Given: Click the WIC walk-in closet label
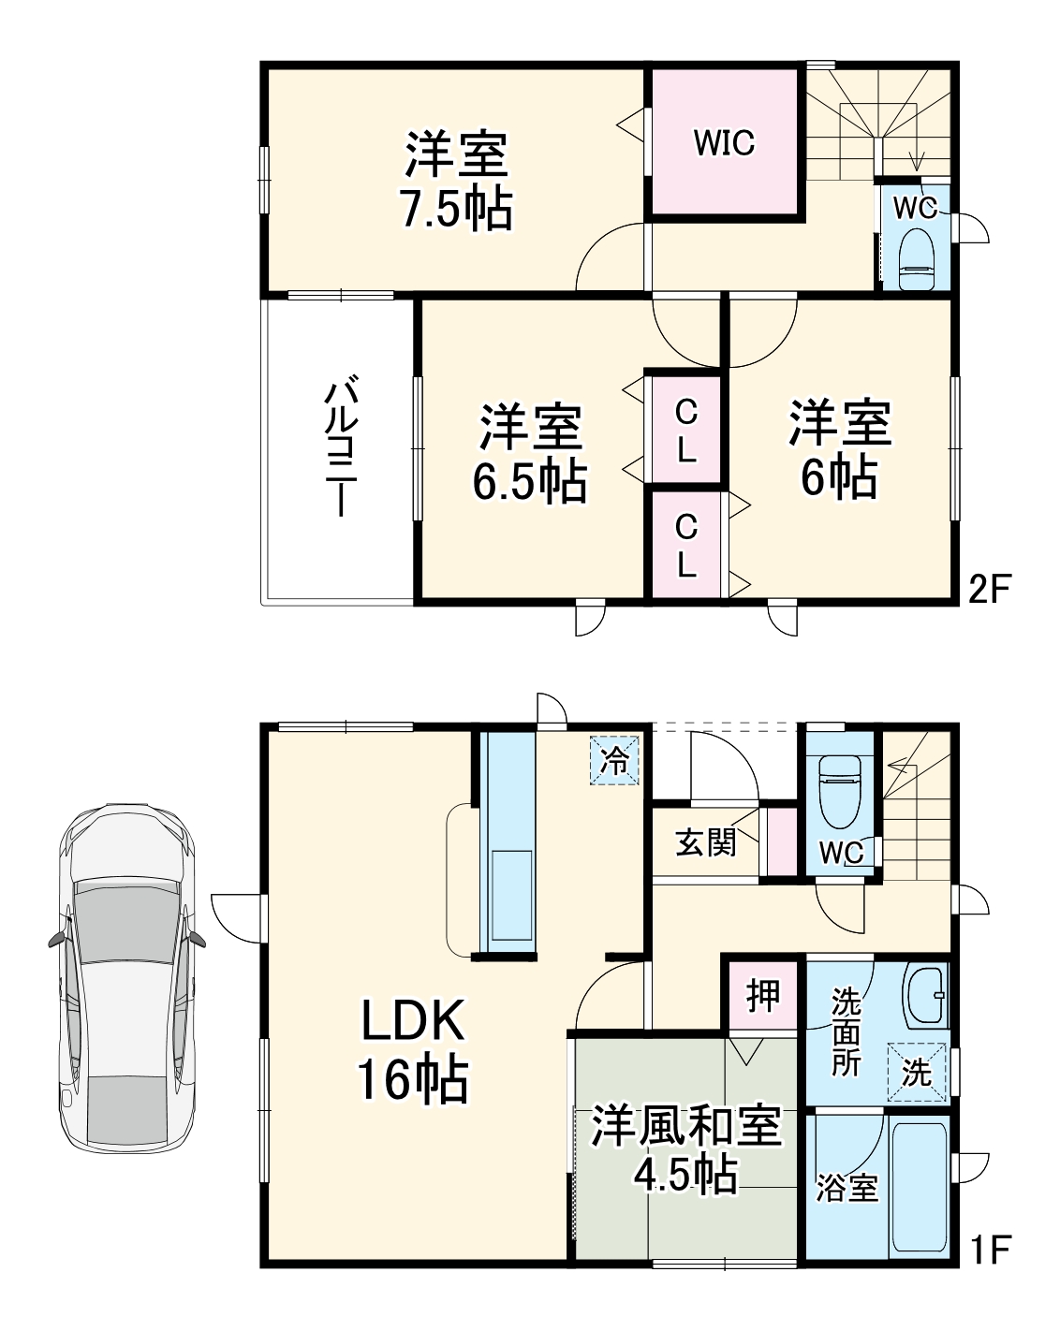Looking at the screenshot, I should tap(724, 143).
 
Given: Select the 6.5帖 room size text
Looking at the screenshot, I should tap(529, 481).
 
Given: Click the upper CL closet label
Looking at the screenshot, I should tap(686, 430).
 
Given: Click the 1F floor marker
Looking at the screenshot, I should tap(990, 1249).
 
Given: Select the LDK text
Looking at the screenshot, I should tap(413, 1022).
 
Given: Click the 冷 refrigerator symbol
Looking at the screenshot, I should tap(615, 759).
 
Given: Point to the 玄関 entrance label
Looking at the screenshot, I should tap(706, 842).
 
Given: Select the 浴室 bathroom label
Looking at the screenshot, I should tap(847, 1188).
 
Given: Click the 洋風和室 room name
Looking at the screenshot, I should tap(685, 1126).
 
